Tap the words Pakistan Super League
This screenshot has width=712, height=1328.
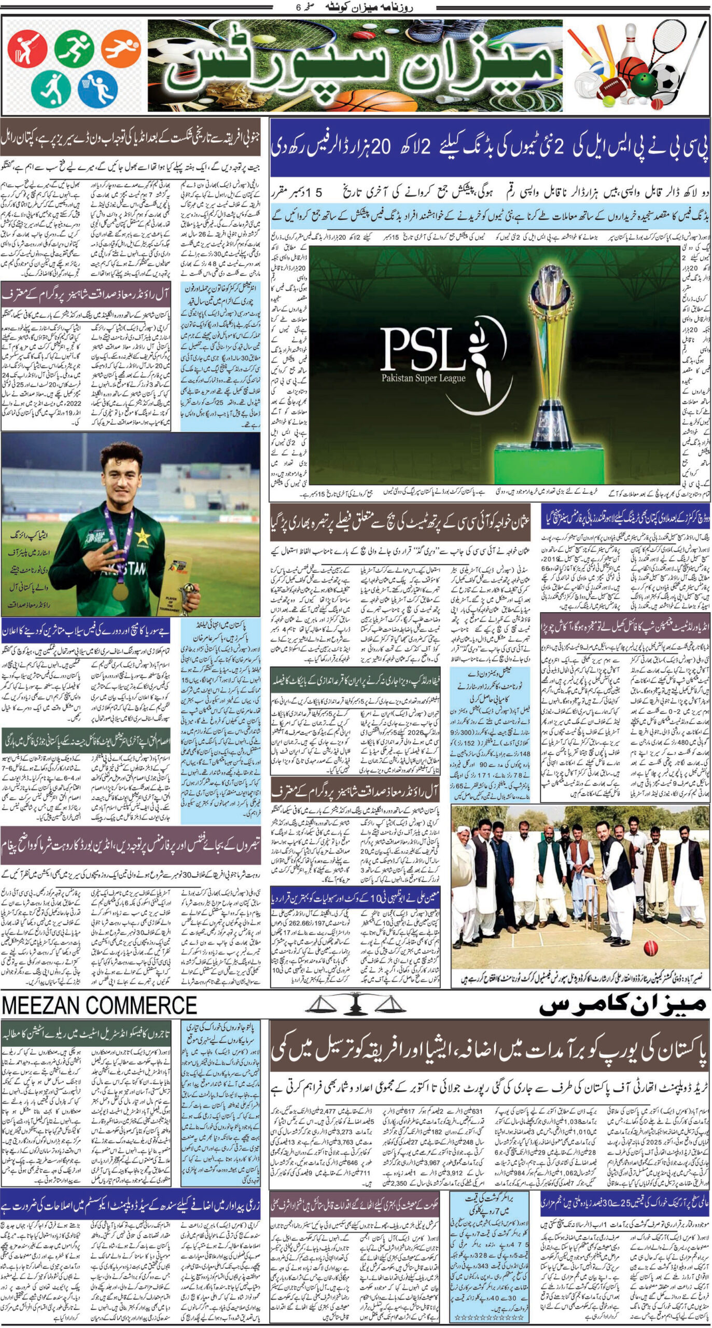coord(423,378)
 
